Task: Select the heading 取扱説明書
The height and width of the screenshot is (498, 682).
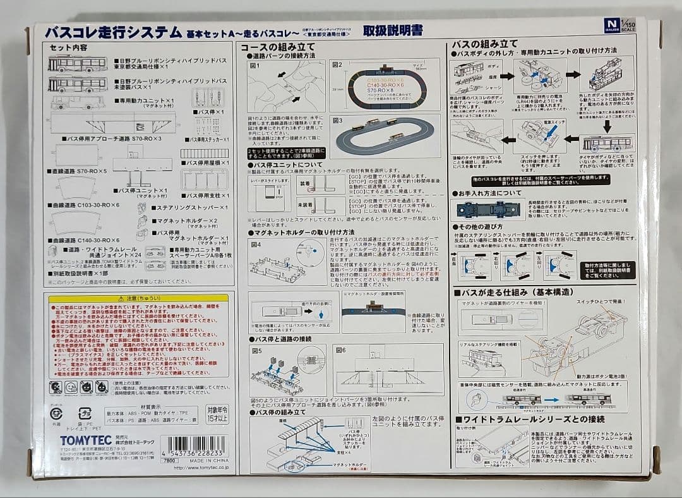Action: pyautogui.click(x=392, y=30)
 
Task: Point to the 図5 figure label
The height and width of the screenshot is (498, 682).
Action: pyautogui.click(x=256, y=350)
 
